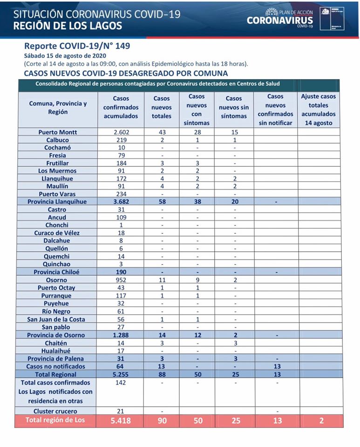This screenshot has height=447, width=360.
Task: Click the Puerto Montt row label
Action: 58,132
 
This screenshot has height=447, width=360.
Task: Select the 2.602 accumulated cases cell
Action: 121,132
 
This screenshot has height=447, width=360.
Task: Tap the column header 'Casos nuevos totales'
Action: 162,107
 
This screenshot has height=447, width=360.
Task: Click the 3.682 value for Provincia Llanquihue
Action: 121,202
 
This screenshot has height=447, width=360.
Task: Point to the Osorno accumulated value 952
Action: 121,280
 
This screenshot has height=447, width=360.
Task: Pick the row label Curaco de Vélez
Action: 58,233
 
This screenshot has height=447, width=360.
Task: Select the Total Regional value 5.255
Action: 121,374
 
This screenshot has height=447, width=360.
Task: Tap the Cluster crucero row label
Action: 58,411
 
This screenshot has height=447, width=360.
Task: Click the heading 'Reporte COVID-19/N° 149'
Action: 77,46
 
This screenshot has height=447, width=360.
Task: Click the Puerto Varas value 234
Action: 121,194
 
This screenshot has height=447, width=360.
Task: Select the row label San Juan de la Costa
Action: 58,319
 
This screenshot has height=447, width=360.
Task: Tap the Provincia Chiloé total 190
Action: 121,272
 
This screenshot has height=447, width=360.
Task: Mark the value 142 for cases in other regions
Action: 121,382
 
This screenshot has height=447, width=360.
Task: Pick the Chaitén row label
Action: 58,343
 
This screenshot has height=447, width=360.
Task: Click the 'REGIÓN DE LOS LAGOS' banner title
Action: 68,26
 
